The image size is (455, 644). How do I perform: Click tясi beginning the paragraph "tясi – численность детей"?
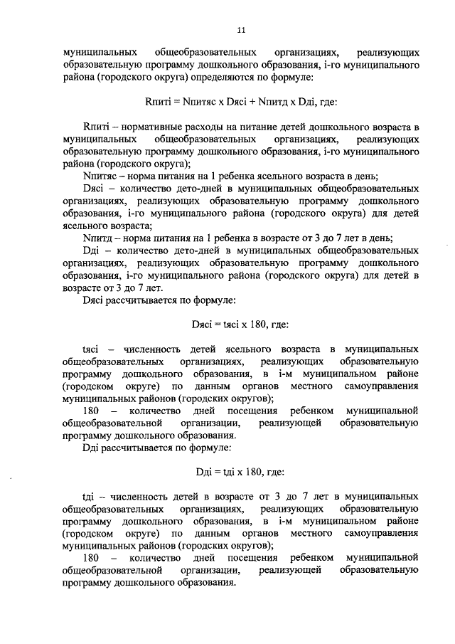(x=92, y=349)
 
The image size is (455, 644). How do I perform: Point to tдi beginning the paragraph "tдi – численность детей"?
(x=90, y=498)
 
